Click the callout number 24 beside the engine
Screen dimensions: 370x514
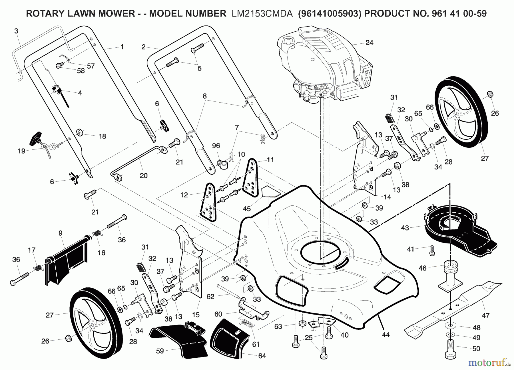coord(369,43)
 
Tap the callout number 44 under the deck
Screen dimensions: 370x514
coord(385,335)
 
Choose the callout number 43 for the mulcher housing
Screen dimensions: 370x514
coord(405,228)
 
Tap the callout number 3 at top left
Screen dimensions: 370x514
coord(16,31)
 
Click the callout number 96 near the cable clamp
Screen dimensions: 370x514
coord(216,146)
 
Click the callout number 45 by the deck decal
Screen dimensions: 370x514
coord(247,208)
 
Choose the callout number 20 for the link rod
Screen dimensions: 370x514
coord(143,176)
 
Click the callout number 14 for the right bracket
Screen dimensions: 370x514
coord(387,197)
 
